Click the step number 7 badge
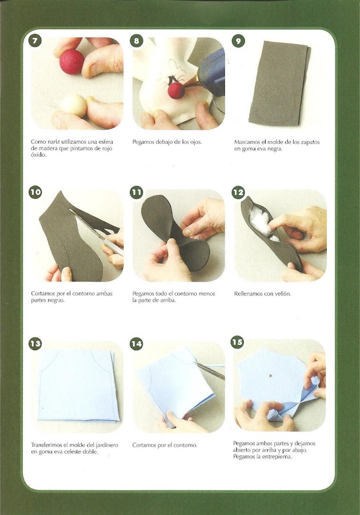(x=35, y=41)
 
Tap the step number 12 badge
(x=238, y=192)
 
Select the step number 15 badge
(x=237, y=342)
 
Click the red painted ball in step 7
(x=72, y=62)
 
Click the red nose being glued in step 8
(x=176, y=90)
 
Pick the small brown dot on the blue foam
(x=271, y=374)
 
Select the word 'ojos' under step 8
(x=195, y=142)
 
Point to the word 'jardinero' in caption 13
(x=107, y=445)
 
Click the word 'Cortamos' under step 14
(x=144, y=445)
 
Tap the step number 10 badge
(x=35, y=192)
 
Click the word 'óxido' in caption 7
(x=38, y=155)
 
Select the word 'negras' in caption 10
(x=56, y=300)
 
